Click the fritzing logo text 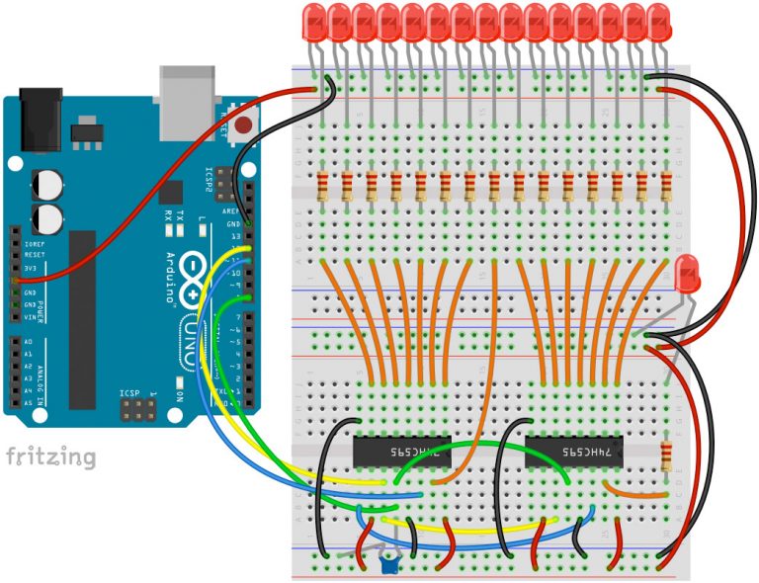click(51, 457)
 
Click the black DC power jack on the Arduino click(42, 112)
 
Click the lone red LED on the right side click(688, 272)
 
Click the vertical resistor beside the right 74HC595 click(666, 457)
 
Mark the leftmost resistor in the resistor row click(322, 187)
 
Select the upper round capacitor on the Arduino click(47, 185)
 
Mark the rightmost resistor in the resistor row click(666, 187)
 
